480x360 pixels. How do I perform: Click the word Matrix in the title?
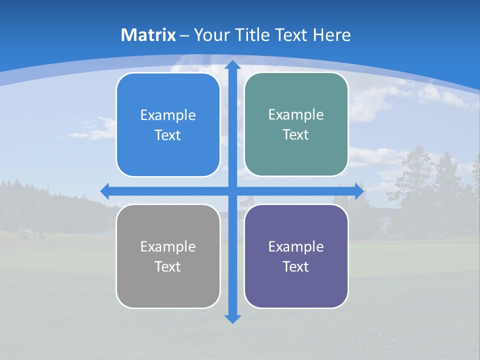click(148, 35)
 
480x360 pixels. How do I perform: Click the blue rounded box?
click(168, 125)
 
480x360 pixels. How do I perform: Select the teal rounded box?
click(296, 124)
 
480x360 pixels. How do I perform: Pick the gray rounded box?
click(168, 256)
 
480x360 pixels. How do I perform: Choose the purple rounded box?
click(296, 256)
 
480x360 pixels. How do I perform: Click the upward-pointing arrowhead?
click(232, 64)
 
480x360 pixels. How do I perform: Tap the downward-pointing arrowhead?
click(232, 319)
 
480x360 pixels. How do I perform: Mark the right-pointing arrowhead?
click(359, 191)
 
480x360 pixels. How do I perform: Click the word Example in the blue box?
click(168, 115)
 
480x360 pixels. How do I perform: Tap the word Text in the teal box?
click(296, 134)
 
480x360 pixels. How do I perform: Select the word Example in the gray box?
click(168, 246)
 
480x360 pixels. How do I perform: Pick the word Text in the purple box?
click(296, 266)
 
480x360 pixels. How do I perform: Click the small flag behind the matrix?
click(245, 201)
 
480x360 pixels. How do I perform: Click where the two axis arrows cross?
click(232, 191)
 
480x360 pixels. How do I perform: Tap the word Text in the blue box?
click(168, 135)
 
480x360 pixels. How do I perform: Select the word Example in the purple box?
click(296, 246)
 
